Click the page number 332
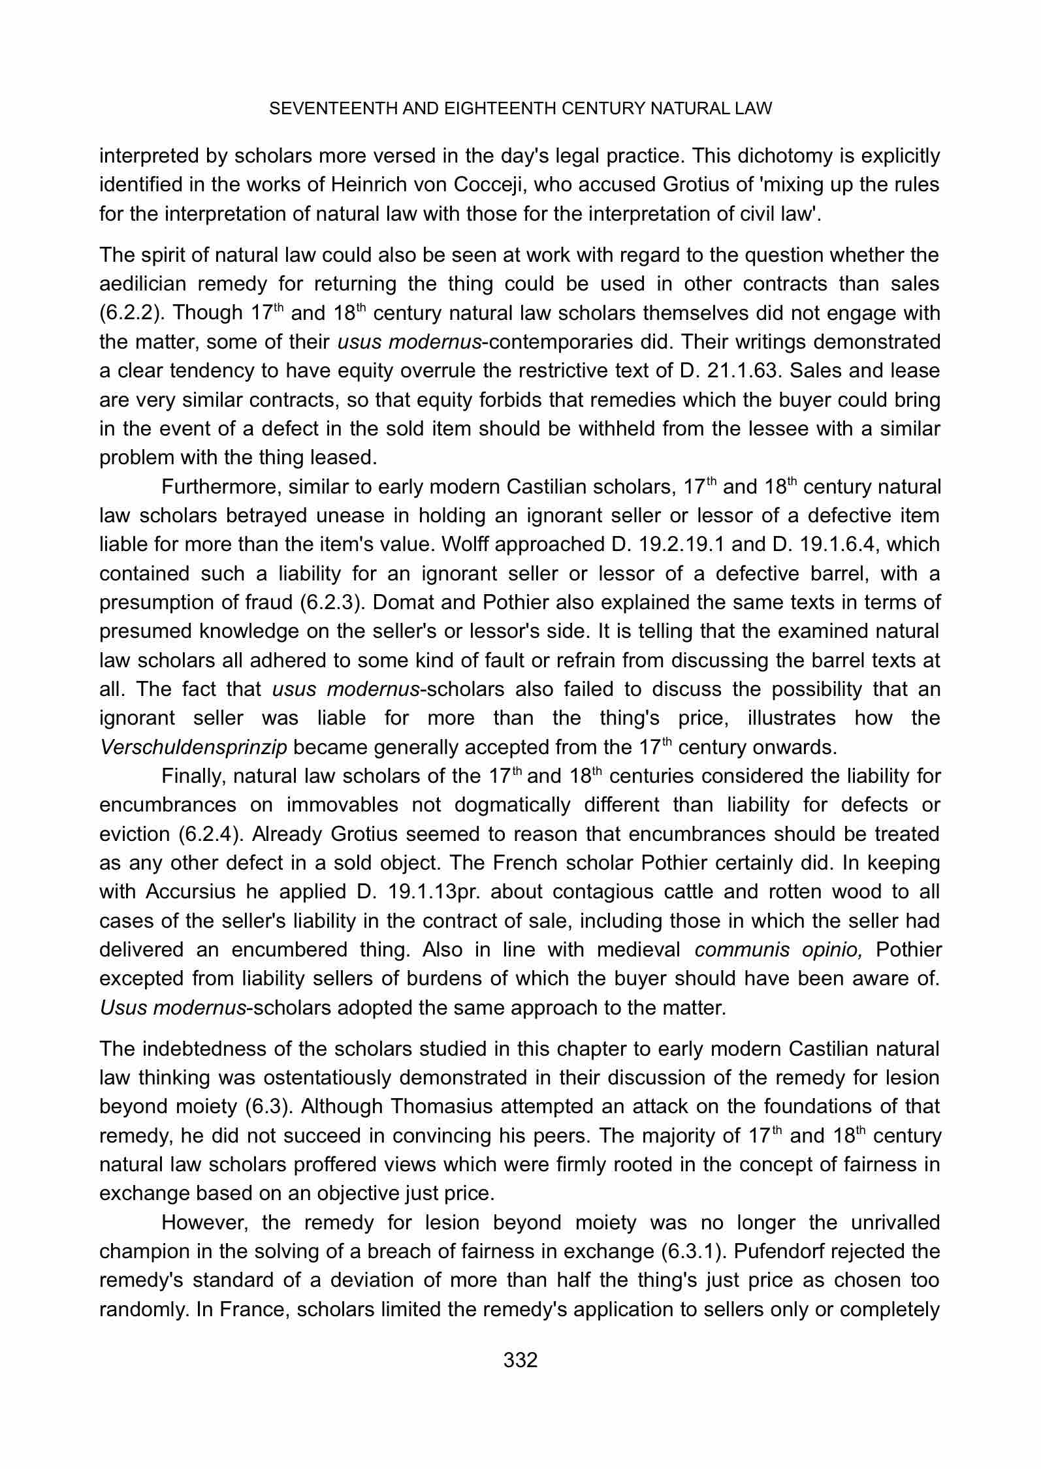(x=520, y=1361)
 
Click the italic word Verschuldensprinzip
(x=194, y=748)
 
